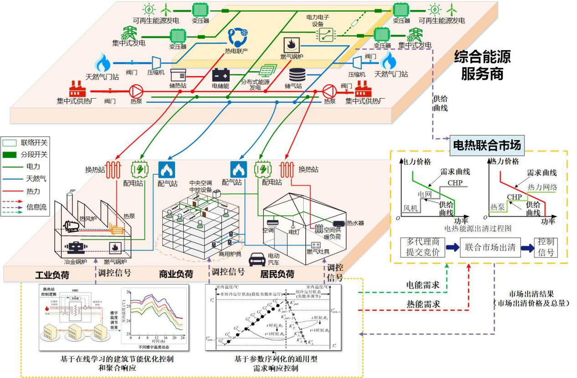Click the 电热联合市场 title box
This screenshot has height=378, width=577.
486,145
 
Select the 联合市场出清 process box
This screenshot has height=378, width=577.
489,247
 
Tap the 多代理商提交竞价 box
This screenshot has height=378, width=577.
422,247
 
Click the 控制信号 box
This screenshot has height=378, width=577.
546,247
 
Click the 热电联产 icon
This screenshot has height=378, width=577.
237,37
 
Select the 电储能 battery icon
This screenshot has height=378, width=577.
221,75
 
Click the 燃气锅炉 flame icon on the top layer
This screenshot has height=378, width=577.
290,44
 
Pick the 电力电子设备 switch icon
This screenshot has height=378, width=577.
325,33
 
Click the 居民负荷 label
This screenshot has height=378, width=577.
277,274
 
